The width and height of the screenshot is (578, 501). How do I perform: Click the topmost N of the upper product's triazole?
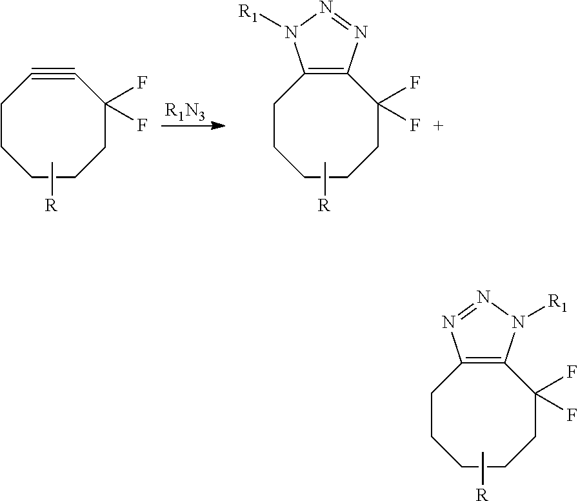(x=326, y=10)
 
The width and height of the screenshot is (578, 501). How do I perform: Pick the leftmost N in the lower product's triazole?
(x=450, y=321)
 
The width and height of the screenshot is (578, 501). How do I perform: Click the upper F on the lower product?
(x=571, y=371)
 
